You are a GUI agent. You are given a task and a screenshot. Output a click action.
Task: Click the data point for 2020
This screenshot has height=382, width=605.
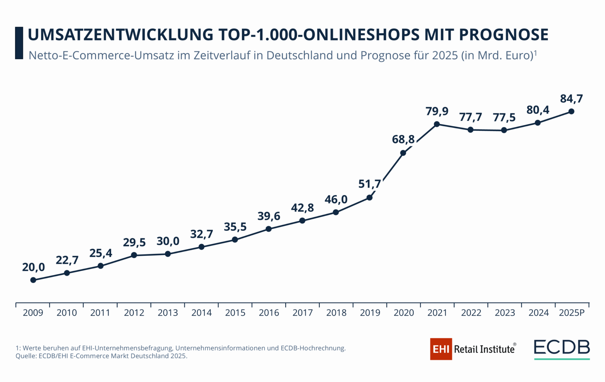(x=403, y=153)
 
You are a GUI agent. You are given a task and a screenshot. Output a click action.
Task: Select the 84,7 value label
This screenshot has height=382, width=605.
(x=571, y=99)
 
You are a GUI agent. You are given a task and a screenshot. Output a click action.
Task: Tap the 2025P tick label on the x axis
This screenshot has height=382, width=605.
(x=572, y=313)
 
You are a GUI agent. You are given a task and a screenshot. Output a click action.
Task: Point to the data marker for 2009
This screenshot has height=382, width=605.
(x=33, y=280)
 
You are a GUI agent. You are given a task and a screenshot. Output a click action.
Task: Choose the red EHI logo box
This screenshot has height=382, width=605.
(x=441, y=349)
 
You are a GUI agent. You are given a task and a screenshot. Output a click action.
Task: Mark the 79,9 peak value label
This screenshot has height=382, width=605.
(x=437, y=111)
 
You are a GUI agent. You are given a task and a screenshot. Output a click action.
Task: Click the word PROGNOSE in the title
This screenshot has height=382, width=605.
(x=503, y=35)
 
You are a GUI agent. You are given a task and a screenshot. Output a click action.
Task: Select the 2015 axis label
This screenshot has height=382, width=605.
(x=235, y=313)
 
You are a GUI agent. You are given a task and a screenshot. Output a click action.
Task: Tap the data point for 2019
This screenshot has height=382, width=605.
(x=369, y=198)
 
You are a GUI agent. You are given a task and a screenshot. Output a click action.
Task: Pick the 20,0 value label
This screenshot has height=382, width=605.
(x=33, y=267)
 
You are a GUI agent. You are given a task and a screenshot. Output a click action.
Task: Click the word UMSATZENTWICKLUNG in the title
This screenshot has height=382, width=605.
(x=120, y=35)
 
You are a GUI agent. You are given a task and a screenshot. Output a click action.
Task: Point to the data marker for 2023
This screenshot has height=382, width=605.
(x=504, y=130)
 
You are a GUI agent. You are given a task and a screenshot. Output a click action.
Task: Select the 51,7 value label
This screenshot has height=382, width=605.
(x=369, y=184)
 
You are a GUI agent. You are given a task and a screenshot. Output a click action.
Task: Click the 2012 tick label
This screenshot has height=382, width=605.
(x=134, y=313)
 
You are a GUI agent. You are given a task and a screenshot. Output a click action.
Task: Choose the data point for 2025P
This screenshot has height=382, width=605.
(x=571, y=112)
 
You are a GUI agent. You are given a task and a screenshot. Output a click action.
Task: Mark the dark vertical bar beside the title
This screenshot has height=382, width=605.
(x=19, y=43)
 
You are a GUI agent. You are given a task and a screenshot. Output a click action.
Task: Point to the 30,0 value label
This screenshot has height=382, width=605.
(x=168, y=241)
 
